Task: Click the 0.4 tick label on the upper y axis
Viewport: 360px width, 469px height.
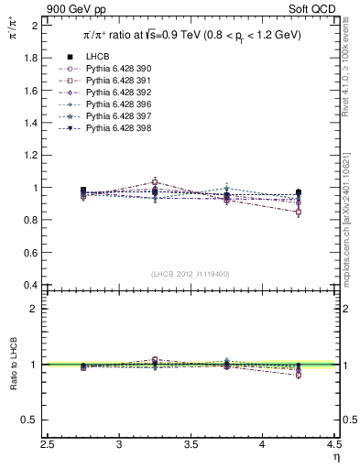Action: click(32, 285)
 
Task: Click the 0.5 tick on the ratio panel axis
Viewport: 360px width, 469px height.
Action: click(32, 420)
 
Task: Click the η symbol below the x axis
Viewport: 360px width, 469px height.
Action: click(336, 456)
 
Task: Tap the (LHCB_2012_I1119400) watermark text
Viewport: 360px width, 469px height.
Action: click(191, 273)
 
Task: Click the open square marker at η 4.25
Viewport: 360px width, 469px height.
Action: click(299, 213)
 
